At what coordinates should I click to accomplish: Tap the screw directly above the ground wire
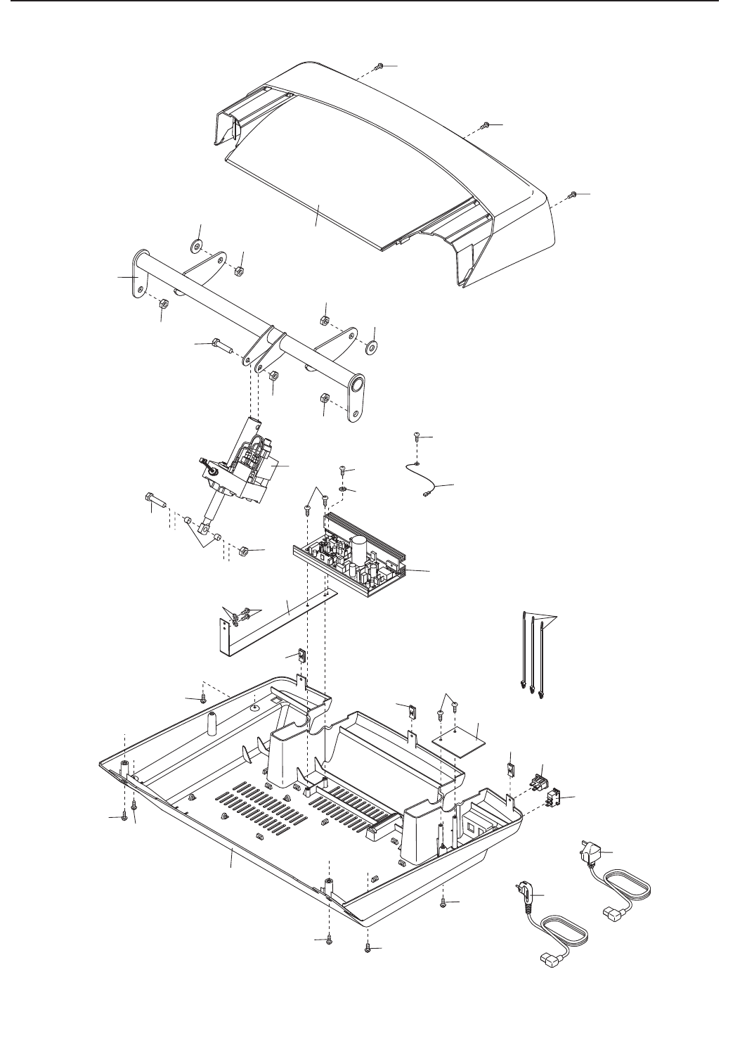(x=416, y=437)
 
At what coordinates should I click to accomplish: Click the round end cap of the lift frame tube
(x=357, y=385)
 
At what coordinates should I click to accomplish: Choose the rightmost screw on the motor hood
(x=573, y=194)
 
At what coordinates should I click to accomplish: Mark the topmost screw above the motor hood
(x=379, y=67)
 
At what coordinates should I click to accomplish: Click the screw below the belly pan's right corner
(x=446, y=902)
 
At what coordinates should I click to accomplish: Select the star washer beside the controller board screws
(x=342, y=489)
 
